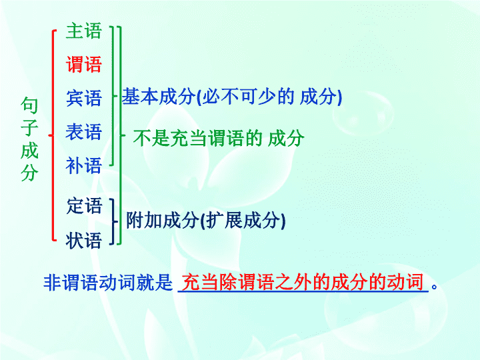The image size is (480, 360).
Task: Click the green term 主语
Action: (83, 31)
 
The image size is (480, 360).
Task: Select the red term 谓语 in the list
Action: (83, 64)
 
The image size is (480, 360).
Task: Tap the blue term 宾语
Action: (83, 98)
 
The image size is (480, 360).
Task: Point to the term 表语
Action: (83, 132)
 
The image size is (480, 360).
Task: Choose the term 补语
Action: (83, 165)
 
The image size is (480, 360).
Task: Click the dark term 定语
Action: (84, 205)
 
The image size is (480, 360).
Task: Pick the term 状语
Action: (83, 240)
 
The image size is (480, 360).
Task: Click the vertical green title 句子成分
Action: (30, 139)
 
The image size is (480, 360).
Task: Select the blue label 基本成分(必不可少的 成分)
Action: (232, 97)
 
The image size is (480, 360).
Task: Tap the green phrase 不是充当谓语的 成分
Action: (219, 138)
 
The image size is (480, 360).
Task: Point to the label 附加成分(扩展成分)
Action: (206, 220)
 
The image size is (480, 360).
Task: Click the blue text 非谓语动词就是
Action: (108, 282)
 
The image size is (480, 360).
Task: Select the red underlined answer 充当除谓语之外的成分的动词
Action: (303, 281)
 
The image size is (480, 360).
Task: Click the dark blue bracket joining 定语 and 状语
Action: (114, 221)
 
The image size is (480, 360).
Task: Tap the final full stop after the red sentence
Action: (434, 287)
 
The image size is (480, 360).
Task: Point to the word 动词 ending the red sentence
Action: (406, 281)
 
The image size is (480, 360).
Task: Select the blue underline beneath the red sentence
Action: (303, 292)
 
